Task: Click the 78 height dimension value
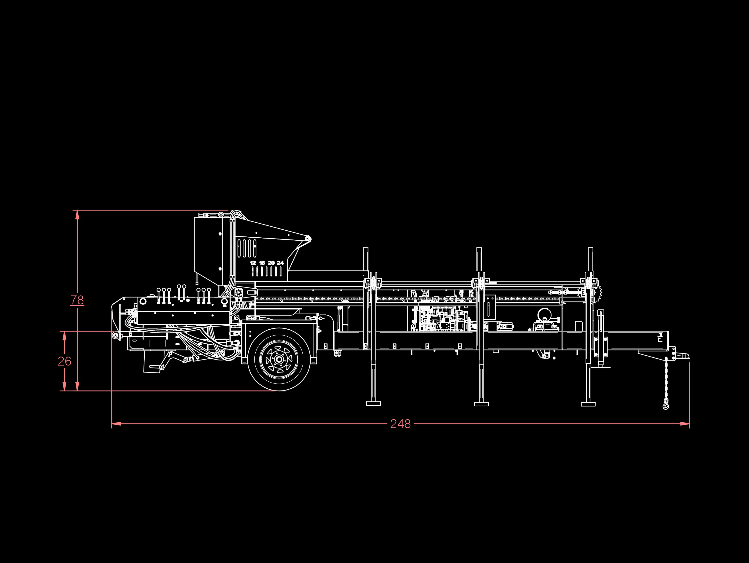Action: click(x=77, y=300)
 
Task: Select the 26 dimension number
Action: click(x=64, y=361)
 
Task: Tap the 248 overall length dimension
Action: click(x=400, y=424)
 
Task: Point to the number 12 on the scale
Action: click(x=253, y=263)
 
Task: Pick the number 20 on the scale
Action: click(x=271, y=263)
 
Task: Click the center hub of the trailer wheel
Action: click(x=279, y=359)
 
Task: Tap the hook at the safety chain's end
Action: click(x=666, y=405)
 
